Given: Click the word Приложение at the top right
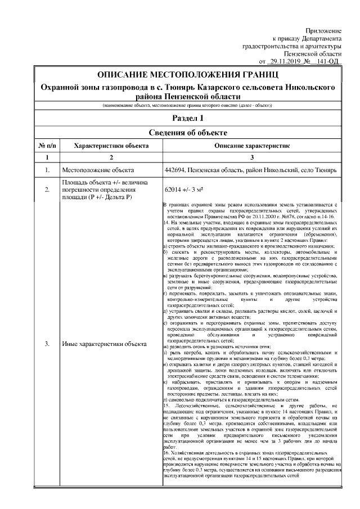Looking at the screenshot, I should click(x=324, y=29).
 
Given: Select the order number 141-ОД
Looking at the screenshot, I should click(x=328, y=61).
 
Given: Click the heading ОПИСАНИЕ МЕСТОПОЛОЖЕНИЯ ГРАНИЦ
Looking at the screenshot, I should click(x=188, y=75).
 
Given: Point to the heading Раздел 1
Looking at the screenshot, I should click(x=188, y=118).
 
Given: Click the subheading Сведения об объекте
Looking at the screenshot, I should click(x=188, y=133).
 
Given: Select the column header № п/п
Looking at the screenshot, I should click(x=47, y=145).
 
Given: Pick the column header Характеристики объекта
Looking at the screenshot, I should click(x=111, y=145).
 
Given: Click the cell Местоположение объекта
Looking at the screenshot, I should click(x=98, y=169).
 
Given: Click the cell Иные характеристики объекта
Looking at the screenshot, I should click(x=104, y=343).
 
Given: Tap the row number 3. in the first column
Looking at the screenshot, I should click(x=47, y=343).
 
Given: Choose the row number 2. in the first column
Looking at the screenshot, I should click(x=47, y=190).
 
